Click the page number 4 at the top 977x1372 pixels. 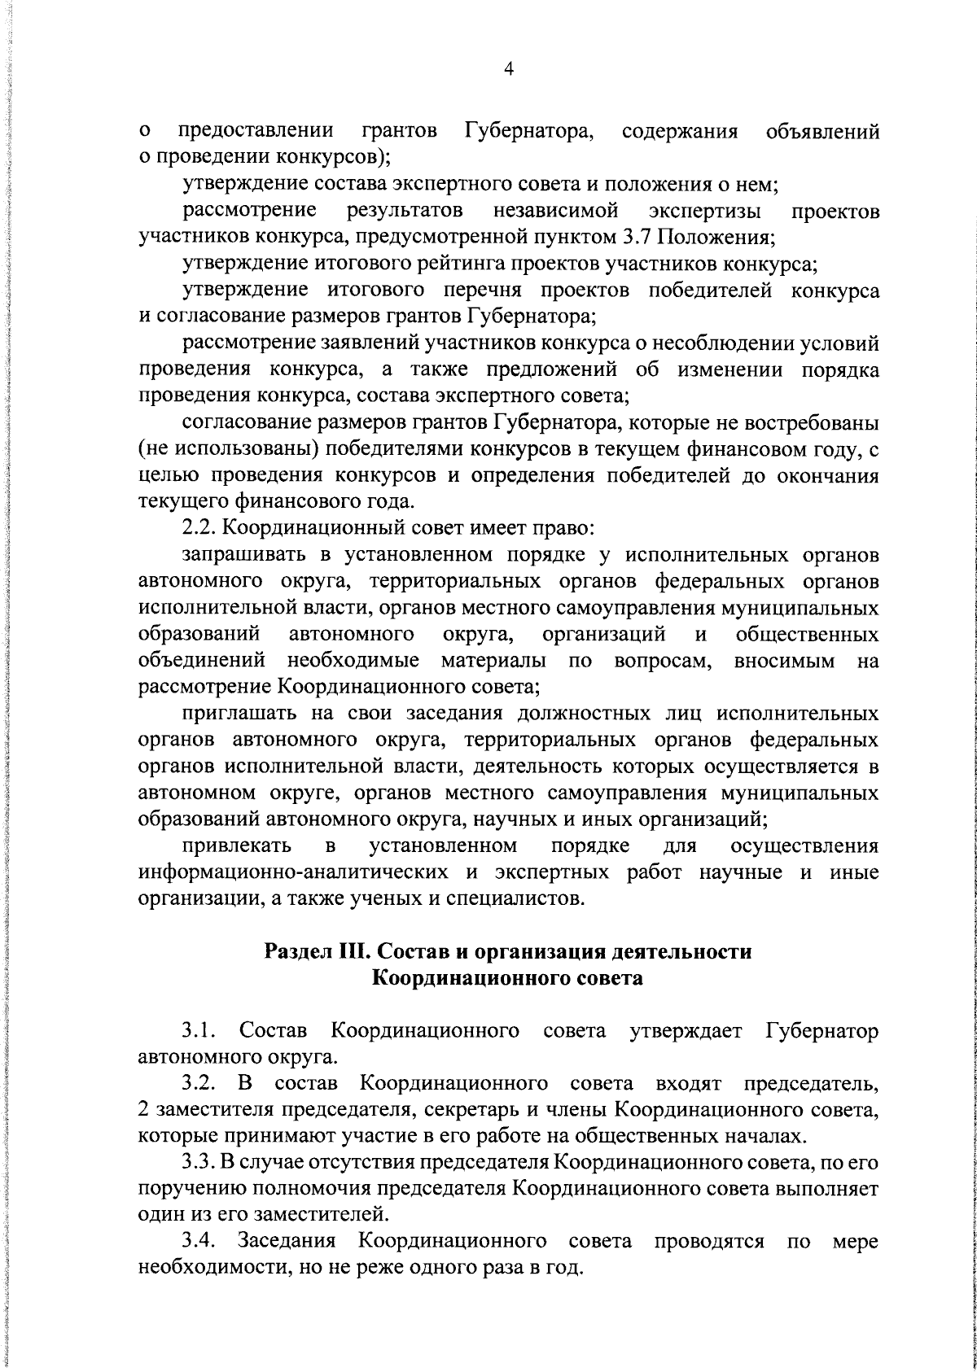[x=509, y=71]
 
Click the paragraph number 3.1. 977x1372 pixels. [x=200, y=1032]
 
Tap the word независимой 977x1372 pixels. [x=555, y=212]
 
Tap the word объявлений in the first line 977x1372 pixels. [x=822, y=131]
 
